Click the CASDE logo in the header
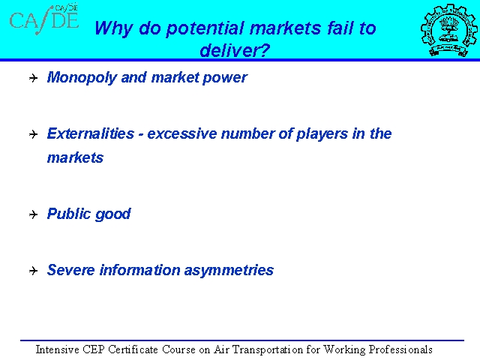tap(44, 19)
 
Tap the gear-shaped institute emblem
tap(448, 30)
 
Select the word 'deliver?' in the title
tap(235, 50)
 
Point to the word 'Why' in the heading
tap(113, 28)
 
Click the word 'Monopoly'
tap(82, 78)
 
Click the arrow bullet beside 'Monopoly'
tap(33, 78)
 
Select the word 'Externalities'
tap(90, 133)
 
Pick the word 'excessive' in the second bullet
tap(181, 133)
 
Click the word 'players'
tap(322, 134)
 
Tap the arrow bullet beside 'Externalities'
tap(33, 134)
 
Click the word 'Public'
tap(68, 214)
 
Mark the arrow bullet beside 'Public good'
tap(33, 214)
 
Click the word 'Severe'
tap(70, 270)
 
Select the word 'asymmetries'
tap(229, 271)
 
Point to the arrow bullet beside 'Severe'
tap(33, 271)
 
